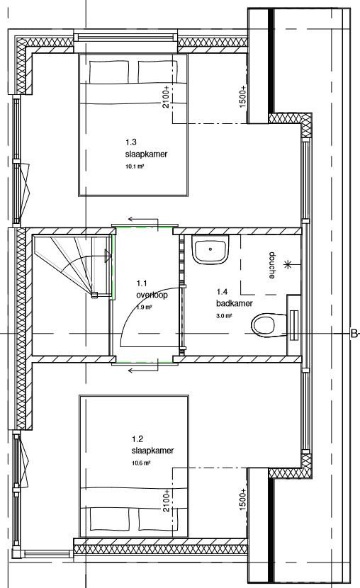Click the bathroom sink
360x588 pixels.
(210, 250)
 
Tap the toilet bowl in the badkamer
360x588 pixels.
(269, 324)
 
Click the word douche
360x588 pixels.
(272, 266)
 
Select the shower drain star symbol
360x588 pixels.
(288, 265)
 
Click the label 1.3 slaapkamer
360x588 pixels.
(146, 148)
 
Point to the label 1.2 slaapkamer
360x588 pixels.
(152, 445)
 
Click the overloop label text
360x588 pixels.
(152, 295)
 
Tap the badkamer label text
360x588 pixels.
(235, 303)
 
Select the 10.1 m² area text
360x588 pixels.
(135, 166)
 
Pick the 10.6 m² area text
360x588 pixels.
(141, 463)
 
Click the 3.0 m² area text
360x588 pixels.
(224, 316)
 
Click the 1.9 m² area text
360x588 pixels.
(144, 307)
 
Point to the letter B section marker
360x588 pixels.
(354, 334)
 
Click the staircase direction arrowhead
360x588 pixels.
(108, 256)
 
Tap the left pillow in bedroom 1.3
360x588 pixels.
(109, 72)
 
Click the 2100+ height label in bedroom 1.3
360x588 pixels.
(166, 97)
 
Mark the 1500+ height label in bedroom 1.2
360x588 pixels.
(242, 499)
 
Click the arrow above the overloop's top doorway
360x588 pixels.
(143, 220)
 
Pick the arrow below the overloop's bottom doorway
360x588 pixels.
(143, 371)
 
